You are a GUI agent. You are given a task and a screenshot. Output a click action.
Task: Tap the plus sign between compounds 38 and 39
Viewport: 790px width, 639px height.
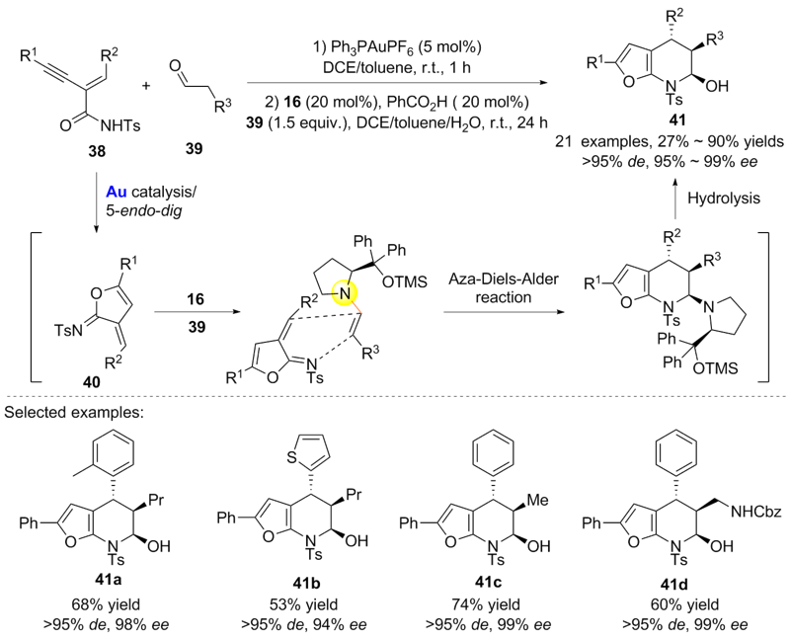click(x=147, y=87)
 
